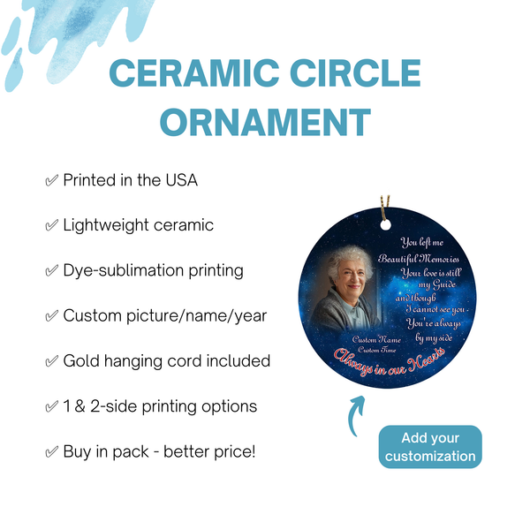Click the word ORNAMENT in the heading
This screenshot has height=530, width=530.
coord(264,123)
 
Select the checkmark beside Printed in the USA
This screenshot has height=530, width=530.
coord(51,180)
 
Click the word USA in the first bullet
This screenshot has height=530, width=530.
coord(179,180)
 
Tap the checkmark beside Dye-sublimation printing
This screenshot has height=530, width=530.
coord(51,270)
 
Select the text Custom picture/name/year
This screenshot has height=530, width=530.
coord(163,315)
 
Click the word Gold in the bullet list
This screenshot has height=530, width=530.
coord(83,360)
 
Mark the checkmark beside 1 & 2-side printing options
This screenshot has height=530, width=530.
coord(51,406)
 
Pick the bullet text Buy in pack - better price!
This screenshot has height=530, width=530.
coord(159,451)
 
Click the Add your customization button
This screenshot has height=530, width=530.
coord(431,447)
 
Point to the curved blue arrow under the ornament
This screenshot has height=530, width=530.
coord(356,414)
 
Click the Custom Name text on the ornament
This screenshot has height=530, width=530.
coord(375,339)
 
